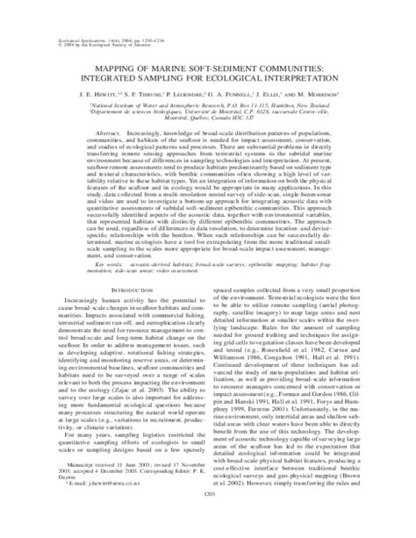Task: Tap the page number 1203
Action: (x=208, y=523)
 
